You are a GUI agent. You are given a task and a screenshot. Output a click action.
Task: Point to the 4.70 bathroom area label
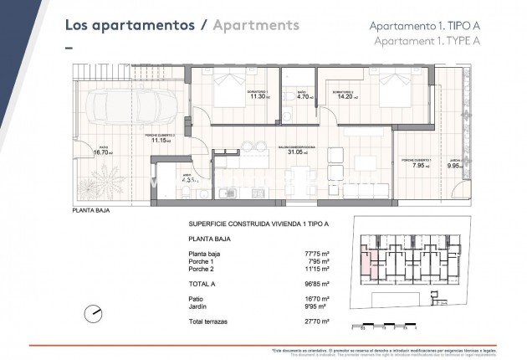(x=303, y=96)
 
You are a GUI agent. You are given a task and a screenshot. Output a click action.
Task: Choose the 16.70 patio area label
(x=103, y=152)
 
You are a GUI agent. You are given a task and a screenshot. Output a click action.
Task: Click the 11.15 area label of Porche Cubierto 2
(x=160, y=141)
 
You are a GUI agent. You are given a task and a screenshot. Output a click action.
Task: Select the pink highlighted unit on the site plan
(x=367, y=265)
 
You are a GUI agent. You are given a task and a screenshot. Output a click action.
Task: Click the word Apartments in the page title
(x=256, y=24)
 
